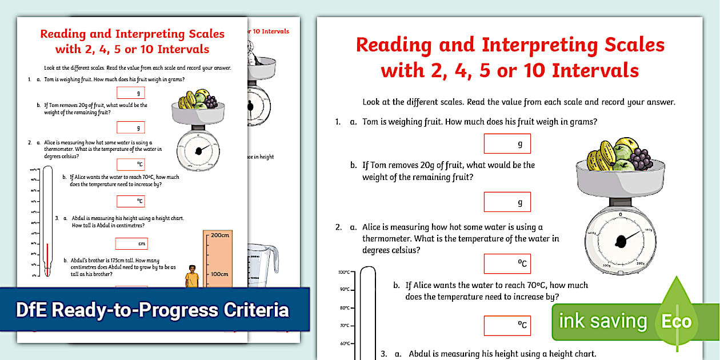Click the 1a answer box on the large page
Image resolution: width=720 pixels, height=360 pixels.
507,144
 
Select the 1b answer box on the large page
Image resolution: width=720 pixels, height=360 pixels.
507,202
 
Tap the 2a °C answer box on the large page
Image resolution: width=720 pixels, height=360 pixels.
507,263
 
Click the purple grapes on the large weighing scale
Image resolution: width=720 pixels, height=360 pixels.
641,158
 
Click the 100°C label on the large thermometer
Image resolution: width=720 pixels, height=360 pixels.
343,272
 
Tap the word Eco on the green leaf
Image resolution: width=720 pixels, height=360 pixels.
676,322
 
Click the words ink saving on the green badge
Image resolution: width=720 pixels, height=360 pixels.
602,322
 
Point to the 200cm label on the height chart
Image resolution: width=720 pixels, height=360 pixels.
220,235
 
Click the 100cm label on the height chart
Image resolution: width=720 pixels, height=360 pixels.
220,274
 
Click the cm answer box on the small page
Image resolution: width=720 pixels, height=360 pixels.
131,244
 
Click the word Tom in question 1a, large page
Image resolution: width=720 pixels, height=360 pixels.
371,122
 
